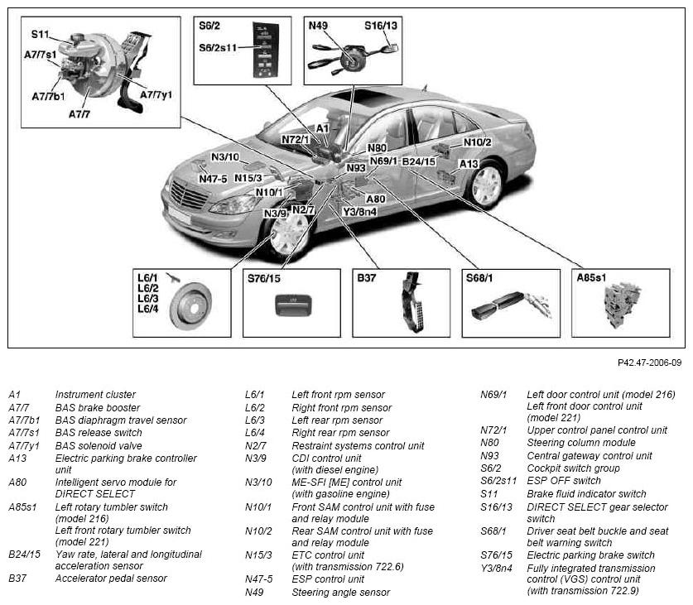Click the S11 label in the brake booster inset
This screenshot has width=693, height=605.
pyautogui.click(x=40, y=34)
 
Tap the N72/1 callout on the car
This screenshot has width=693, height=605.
pyautogui.click(x=296, y=140)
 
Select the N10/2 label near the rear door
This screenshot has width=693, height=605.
pyautogui.click(x=478, y=142)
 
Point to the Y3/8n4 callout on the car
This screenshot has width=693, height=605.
pyautogui.click(x=360, y=212)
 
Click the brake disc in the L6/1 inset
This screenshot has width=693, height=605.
pyautogui.click(x=191, y=305)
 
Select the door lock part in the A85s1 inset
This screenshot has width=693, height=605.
pyautogui.click(x=622, y=305)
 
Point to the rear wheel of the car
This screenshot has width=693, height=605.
pyautogui.click(x=486, y=185)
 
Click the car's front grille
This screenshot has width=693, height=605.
pyautogui.click(x=189, y=195)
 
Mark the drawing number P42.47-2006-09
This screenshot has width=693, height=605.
pyautogui.click(x=649, y=363)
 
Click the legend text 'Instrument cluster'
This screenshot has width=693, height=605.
pyautogui.click(x=95, y=394)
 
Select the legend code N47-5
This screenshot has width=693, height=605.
pyautogui.click(x=259, y=579)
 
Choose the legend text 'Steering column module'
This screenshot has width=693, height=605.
pyautogui.click(x=581, y=443)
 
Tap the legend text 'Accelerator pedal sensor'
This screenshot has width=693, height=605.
pyautogui.click(x=111, y=578)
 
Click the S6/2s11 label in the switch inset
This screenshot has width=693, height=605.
pyautogui.click(x=218, y=48)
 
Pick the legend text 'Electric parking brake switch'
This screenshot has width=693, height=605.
pyautogui.click(x=590, y=555)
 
